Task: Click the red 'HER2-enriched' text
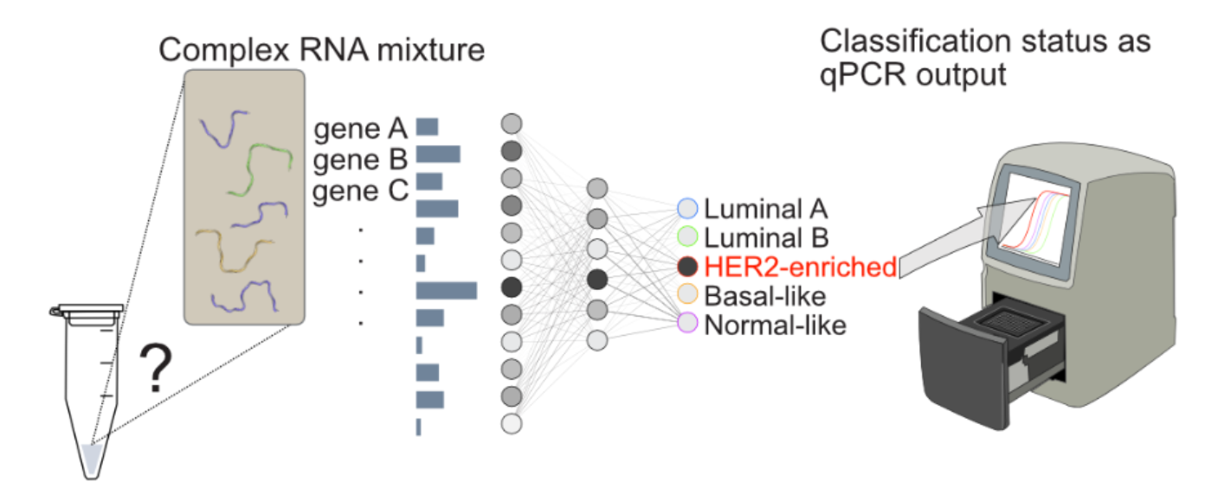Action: (800, 267)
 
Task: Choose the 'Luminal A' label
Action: (766, 209)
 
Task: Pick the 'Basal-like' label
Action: (764, 296)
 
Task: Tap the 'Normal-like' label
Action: (775, 325)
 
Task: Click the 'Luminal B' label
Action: (766, 237)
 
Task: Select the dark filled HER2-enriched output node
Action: (687, 267)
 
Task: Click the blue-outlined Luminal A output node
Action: (687, 209)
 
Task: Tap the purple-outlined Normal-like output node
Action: (687, 324)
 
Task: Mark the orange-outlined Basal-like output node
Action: (687, 296)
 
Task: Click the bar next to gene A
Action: (428, 127)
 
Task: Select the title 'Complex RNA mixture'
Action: (321, 48)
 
